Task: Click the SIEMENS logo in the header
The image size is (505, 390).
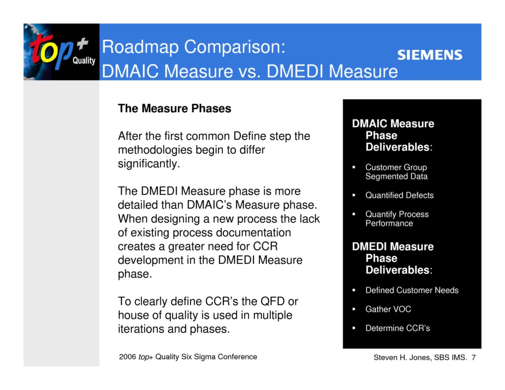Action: (430, 55)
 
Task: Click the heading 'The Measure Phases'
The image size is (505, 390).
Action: (174, 108)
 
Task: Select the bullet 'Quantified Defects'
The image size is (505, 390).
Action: (399, 195)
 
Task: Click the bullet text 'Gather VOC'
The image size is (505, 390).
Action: (388, 309)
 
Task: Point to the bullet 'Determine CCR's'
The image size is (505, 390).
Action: (397, 328)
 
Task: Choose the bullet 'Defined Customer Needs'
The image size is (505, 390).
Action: (411, 290)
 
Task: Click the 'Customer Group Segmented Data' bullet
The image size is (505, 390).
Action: (396, 172)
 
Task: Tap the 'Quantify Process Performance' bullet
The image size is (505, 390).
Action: (397, 218)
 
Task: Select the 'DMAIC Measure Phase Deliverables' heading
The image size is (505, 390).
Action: (393, 135)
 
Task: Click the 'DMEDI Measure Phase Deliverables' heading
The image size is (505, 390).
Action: (393, 258)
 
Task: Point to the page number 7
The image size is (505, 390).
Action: (473, 357)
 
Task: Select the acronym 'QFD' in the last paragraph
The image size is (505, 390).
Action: (265, 301)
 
